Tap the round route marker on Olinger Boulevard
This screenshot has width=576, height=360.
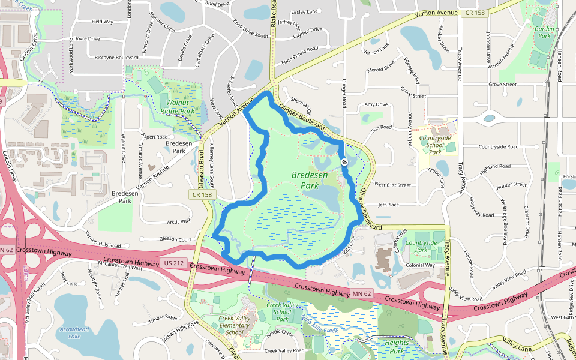[344, 162]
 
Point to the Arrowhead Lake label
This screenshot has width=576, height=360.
[74, 332]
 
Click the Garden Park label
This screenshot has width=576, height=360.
[544, 31]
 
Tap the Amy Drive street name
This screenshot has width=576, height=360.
[376, 104]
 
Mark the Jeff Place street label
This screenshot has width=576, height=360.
[389, 205]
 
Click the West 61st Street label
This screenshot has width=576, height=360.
[392, 185]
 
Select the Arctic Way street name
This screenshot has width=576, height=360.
[179, 221]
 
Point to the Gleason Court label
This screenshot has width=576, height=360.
[175, 239]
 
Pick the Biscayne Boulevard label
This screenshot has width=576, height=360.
[116, 58]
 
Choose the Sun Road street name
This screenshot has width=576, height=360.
[382, 128]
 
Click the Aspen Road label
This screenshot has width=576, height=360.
[154, 137]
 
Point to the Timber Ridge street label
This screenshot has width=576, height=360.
[163, 318]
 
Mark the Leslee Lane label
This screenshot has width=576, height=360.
[304, 11]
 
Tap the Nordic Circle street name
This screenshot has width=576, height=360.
[280, 332]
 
